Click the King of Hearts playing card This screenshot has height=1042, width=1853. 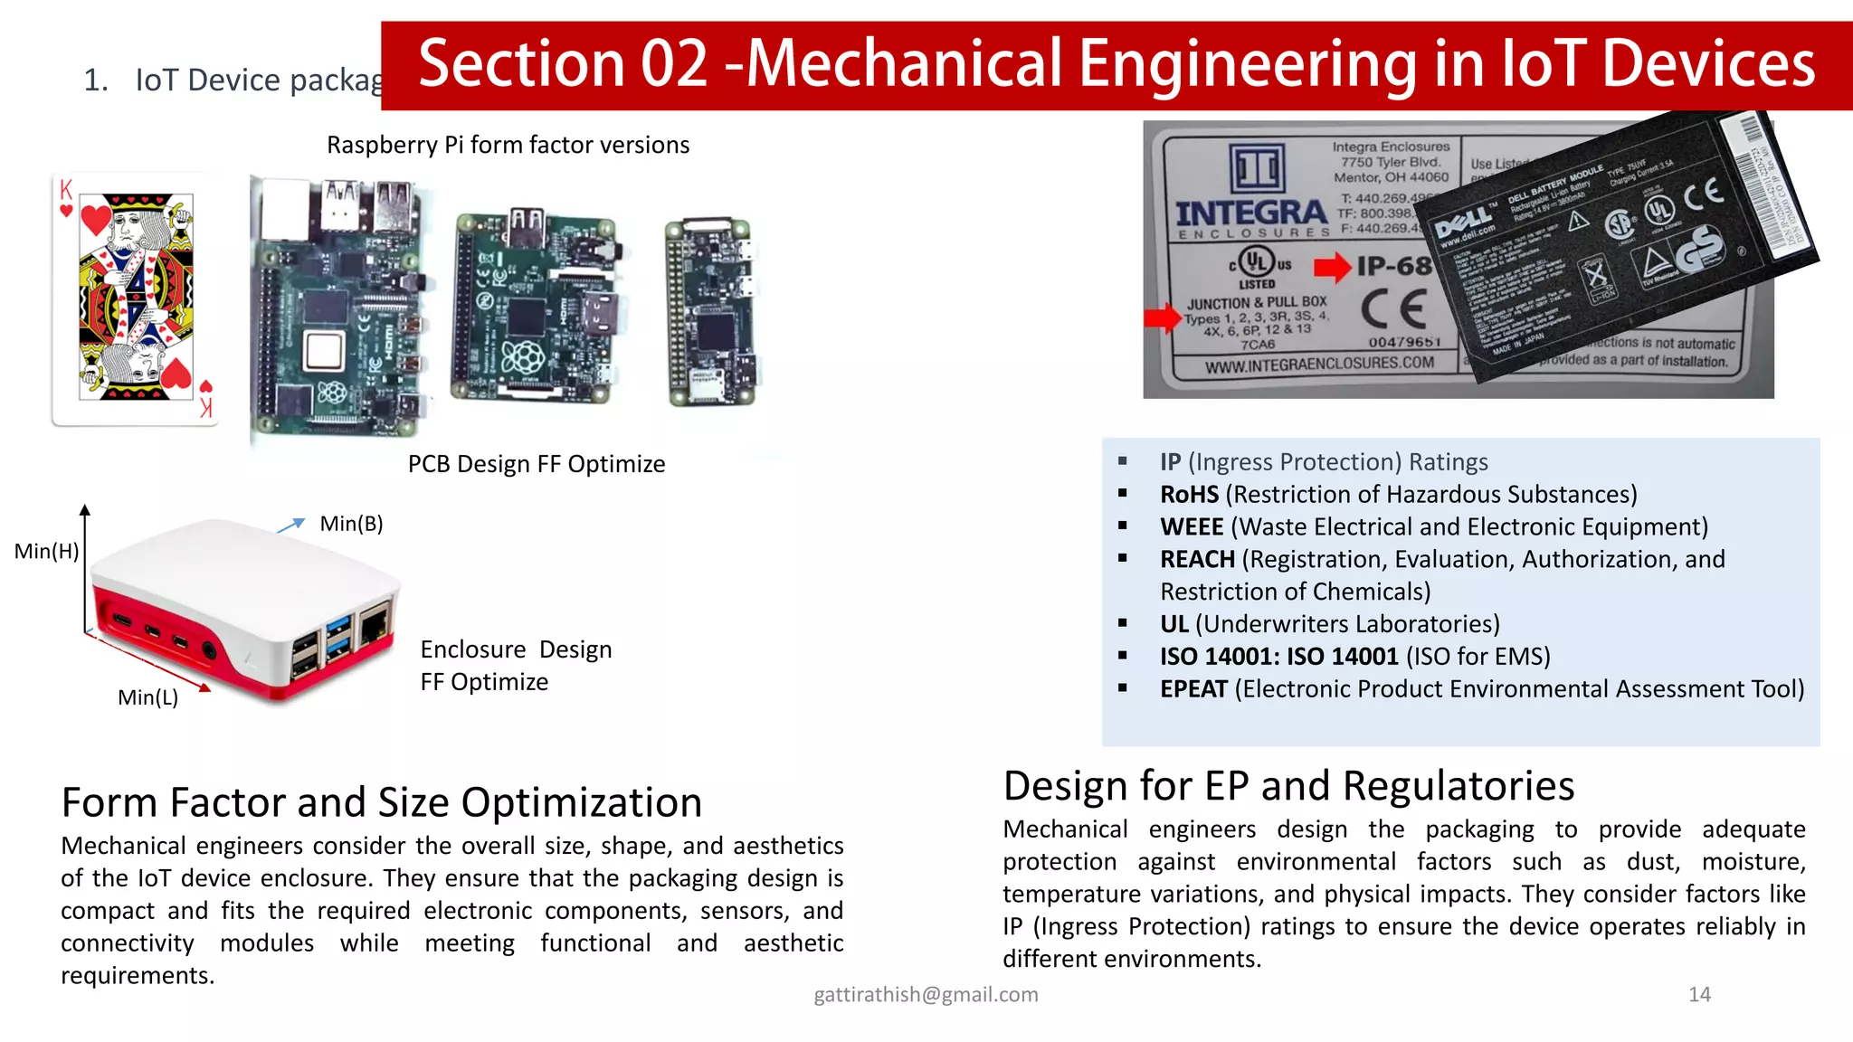coord(136,298)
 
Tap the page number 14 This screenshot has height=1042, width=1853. coord(1699,994)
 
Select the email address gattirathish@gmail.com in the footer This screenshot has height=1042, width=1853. coord(926,994)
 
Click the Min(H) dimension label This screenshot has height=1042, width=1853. coord(46,551)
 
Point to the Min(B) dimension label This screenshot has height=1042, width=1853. coord(351,524)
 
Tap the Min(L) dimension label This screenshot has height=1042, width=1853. coord(147,697)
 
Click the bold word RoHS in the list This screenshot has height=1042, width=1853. coord(1189,495)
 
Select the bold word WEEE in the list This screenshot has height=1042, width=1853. coord(1192,527)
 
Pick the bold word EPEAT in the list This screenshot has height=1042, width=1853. coord(1193,689)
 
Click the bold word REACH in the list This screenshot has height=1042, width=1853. coord(1197,560)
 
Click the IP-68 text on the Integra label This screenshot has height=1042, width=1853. coord(1394,266)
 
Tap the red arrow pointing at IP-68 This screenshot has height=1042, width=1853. coord(1332,267)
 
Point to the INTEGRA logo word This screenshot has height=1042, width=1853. coord(1250,213)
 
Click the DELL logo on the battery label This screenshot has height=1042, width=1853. coord(1464,221)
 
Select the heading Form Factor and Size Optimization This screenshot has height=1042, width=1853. coord(381,802)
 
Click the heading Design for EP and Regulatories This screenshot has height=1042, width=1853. coord(1288,786)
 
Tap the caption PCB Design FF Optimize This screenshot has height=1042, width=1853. coord(536,464)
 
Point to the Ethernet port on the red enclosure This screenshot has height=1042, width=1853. coord(374,624)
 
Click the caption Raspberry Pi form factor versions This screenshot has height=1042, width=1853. coord(508,145)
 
